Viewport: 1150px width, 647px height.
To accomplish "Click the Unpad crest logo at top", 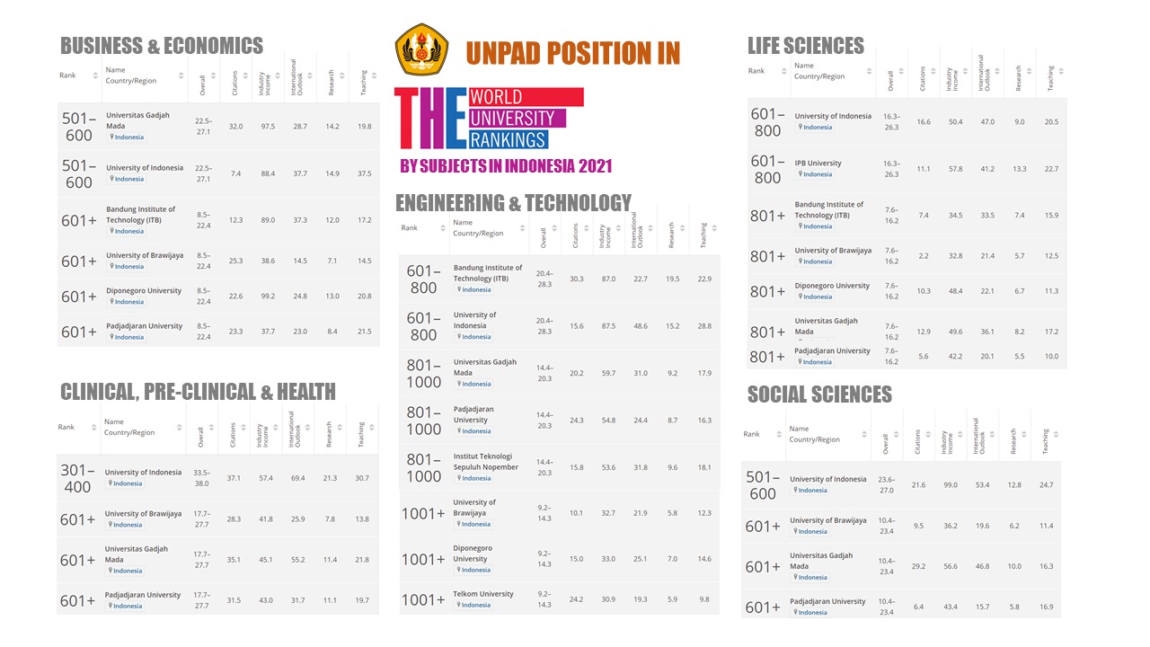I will coord(421,50).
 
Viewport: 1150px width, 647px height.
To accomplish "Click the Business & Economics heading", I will coord(162,46).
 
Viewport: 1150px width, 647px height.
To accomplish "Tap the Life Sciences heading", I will coord(805,46).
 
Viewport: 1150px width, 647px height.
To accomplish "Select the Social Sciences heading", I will coord(819,394).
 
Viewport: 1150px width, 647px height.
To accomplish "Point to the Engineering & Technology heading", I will coord(513,203).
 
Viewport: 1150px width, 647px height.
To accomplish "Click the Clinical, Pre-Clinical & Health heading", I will coord(198,391).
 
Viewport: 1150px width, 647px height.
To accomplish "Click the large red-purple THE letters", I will coord(430,119).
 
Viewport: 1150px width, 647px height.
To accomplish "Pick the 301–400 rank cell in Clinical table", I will coord(77,478).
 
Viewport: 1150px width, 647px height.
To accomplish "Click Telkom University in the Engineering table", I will coord(483,594).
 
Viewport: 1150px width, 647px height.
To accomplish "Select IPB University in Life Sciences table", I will coord(818,164).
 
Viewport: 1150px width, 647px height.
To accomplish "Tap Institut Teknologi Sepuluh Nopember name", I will coord(485,462).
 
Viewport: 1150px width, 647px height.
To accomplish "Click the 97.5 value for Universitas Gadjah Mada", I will coord(268,127).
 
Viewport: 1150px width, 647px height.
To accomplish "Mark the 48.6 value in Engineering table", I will coord(641,326).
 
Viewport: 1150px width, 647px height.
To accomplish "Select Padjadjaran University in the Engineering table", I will coord(473,414).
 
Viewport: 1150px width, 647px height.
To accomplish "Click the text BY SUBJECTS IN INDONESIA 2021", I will coord(506,165).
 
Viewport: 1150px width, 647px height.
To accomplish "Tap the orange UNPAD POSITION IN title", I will coord(572,54).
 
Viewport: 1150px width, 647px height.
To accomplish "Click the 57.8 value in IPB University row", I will coord(955,169).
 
